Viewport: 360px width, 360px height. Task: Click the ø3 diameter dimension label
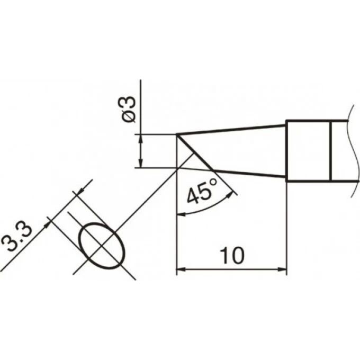(x=129, y=109)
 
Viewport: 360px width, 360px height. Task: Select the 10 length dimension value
(x=232, y=256)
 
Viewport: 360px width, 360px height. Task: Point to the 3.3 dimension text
(x=16, y=238)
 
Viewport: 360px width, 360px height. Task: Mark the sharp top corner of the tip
(x=177, y=134)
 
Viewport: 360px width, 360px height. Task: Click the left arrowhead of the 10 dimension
(x=181, y=269)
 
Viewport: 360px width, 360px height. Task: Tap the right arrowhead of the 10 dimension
(x=283, y=269)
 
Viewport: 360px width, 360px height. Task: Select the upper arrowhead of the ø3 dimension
(x=141, y=139)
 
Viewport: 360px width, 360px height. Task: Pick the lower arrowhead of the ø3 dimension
(x=141, y=164)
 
